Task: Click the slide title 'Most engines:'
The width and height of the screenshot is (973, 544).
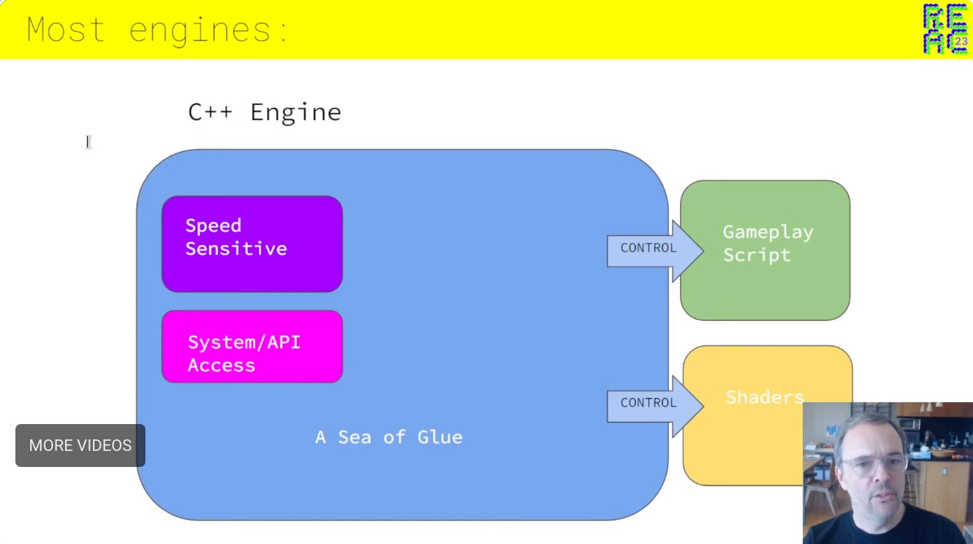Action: coord(157,30)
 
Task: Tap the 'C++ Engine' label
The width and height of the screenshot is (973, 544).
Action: coord(265,112)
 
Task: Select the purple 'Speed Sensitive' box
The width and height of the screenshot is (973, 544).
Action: coord(252,244)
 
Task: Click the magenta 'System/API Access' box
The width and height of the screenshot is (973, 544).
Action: coord(252,346)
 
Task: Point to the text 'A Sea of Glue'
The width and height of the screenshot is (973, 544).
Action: coord(389,437)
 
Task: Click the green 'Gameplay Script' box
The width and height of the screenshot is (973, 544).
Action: coord(765,249)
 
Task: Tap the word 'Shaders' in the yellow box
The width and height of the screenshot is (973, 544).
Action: coord(764,397)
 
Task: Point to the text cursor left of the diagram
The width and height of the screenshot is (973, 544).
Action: coord(88,141)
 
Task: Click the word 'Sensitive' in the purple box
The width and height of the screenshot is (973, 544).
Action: coord(236,249)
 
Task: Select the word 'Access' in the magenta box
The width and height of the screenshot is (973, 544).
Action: coord(221,365)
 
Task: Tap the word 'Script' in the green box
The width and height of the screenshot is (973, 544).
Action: coord(757,255)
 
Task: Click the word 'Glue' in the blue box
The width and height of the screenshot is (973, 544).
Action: coord(440,437)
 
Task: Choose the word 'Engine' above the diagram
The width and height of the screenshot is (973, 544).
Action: coord(296,113)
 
